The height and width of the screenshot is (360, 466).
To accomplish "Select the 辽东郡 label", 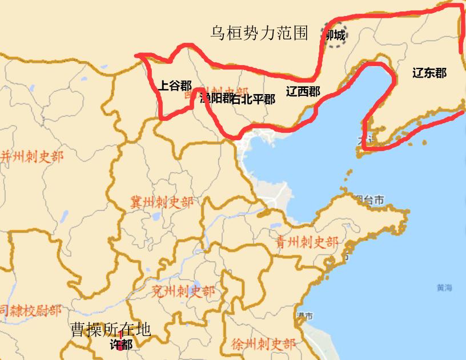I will pos(429,73).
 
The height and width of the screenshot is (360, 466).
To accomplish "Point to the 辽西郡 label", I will pos(303,91).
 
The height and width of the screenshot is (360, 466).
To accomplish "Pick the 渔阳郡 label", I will pos(216,98).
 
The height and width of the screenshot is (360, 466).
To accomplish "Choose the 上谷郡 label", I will pos(174,86).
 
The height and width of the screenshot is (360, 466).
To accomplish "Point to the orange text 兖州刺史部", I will pos(183,292).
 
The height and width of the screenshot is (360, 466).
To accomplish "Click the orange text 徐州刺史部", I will pos(264,344).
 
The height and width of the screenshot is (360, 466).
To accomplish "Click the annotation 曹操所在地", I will pos(110,329).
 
